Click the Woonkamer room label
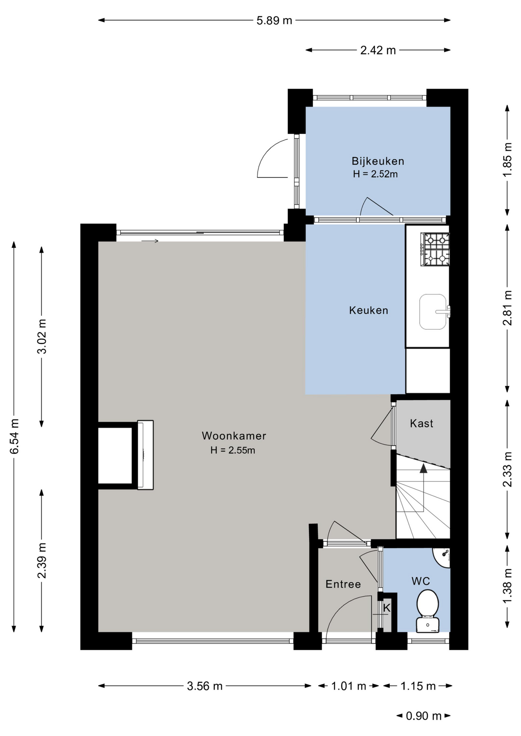point(234,436)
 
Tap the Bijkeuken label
point(378,161)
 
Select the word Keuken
point(369,310)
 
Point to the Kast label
point(422,423)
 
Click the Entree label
point(343,584)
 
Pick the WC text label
point(420,581)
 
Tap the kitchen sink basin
point(433,312)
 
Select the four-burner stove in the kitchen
point(435,249)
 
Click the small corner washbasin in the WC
point(442,557)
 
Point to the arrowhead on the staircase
point(423,468)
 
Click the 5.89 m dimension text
point(274,20)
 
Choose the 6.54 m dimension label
point(14,437)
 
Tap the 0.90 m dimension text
point(424,716)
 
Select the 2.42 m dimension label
point(378,50)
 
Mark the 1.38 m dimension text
point(507,586)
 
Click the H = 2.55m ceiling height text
point(232,450)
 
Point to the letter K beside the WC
point(387,608)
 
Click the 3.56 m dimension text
point(204,686)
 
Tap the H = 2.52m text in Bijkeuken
point(375,174)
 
